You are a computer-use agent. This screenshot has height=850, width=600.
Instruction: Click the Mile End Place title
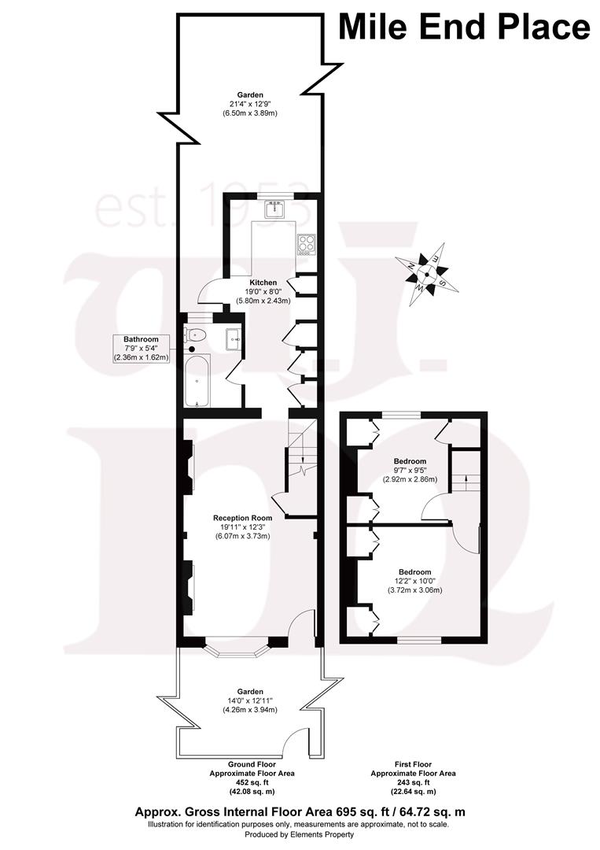(464, 27)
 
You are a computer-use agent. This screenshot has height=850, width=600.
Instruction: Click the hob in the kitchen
(306, 244)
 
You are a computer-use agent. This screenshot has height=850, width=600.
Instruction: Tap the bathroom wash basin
(234, 339)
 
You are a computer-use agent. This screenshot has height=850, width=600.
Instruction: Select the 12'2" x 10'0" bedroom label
(414, 581)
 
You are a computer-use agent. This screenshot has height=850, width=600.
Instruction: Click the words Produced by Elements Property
(300, 834)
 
